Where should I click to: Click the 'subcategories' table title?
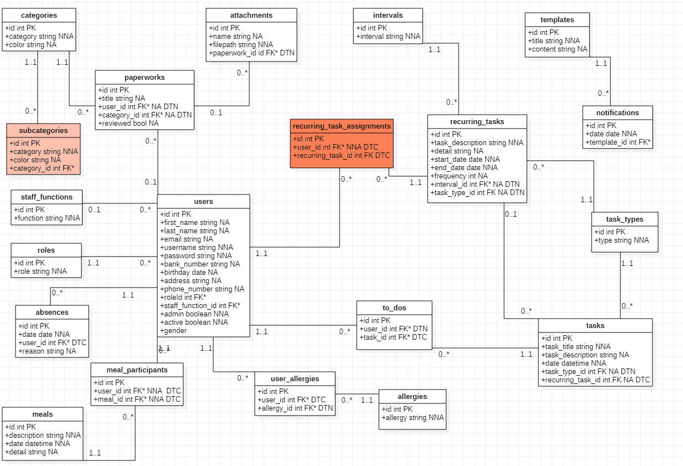click(x=43, y=131)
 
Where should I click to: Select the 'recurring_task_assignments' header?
click(x=342, y=126)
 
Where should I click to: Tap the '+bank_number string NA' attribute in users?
click(x=200, y=264)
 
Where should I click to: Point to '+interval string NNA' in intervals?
click(x=388, y=37)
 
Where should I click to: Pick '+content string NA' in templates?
click(x=558, y=49)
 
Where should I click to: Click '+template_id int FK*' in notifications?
click(x=618, y=142)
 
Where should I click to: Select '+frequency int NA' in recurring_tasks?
click(x=459, y=176)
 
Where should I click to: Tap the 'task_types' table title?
click(x=625, y=219)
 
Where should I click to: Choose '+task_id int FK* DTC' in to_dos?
click(x=393, y=337)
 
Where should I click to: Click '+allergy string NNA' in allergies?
click(x=413, y=418)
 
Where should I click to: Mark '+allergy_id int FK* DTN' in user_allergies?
click(x=295, y=408)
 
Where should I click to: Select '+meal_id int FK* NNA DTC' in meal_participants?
click(x=137, y=400)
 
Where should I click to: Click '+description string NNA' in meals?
click(x=43, y=436)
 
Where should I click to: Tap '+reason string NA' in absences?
click(x=47, y=351)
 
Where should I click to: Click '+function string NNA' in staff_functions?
click(x=47, y=218)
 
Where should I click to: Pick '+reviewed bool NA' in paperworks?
click(x=128, y=123)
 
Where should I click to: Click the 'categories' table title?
click(x=39, y=16)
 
